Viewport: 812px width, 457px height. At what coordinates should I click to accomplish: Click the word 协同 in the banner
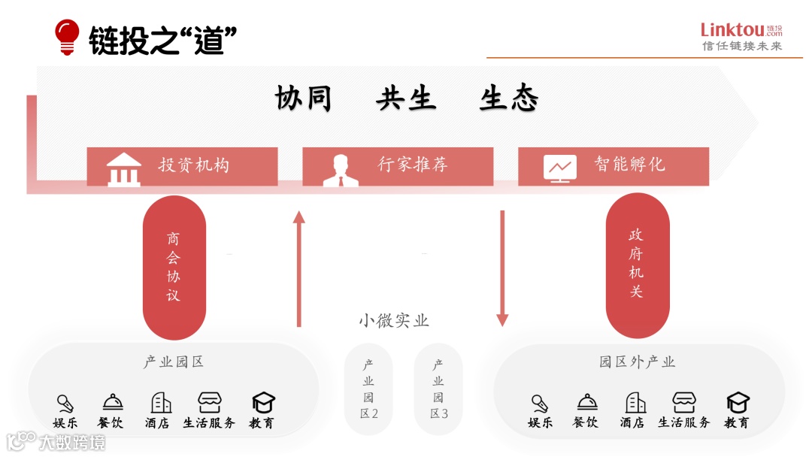click(x=304, y=98)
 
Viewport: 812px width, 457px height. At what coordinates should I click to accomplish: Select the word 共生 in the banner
click(x=406, y=98)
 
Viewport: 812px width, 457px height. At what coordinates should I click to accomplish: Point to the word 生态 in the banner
click(x=509, y=98)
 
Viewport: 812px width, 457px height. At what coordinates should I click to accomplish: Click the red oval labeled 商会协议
click(x=174, y=267)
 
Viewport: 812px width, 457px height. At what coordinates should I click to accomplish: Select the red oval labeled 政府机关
click(x=637, y=265)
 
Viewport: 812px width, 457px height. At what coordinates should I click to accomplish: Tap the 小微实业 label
click(x=393, y=321)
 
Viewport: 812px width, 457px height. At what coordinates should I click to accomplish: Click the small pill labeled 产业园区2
click(x=368, y=389)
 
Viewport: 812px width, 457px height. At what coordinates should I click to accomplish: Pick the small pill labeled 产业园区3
click(x=438, y=389)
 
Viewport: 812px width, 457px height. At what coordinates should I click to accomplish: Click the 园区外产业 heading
click(x=638, y=362)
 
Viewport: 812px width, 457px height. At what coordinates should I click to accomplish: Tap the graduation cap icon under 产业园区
click(x=263, y=402)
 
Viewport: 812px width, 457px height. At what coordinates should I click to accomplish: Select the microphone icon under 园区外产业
click(x=539, y=403)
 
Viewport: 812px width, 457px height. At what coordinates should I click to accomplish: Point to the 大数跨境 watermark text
click(x=72, y=441)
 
